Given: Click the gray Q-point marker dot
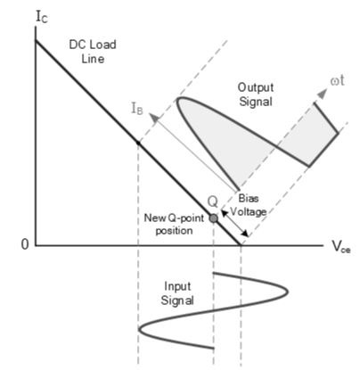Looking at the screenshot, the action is click(213, 218).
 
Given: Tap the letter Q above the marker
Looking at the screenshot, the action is click(213, 201).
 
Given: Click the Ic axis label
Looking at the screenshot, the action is click(42, 17).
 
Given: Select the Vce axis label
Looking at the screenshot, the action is click(341, 247).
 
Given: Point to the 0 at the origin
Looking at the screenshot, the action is click(25, 244).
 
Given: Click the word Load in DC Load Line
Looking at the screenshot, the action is click(102, 45).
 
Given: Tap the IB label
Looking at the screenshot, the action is click(137, 109).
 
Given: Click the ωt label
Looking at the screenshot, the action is click(337, 80).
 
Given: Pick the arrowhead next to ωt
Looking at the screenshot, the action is click(322, 93).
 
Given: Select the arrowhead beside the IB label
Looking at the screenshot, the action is click(154, 118).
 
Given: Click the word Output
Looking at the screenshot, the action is click(256, 87).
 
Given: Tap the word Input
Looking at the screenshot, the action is click(177, 286).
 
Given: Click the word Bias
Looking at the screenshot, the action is click(249, 198).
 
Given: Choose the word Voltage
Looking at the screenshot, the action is click(249, 211).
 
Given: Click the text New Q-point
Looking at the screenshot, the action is click(174, 218).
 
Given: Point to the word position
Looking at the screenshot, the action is click(174, 231).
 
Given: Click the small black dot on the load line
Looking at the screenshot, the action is click(138, 144).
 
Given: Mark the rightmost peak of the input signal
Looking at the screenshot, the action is click(288, 292).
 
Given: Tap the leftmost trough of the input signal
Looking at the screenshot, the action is click(139, 329).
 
